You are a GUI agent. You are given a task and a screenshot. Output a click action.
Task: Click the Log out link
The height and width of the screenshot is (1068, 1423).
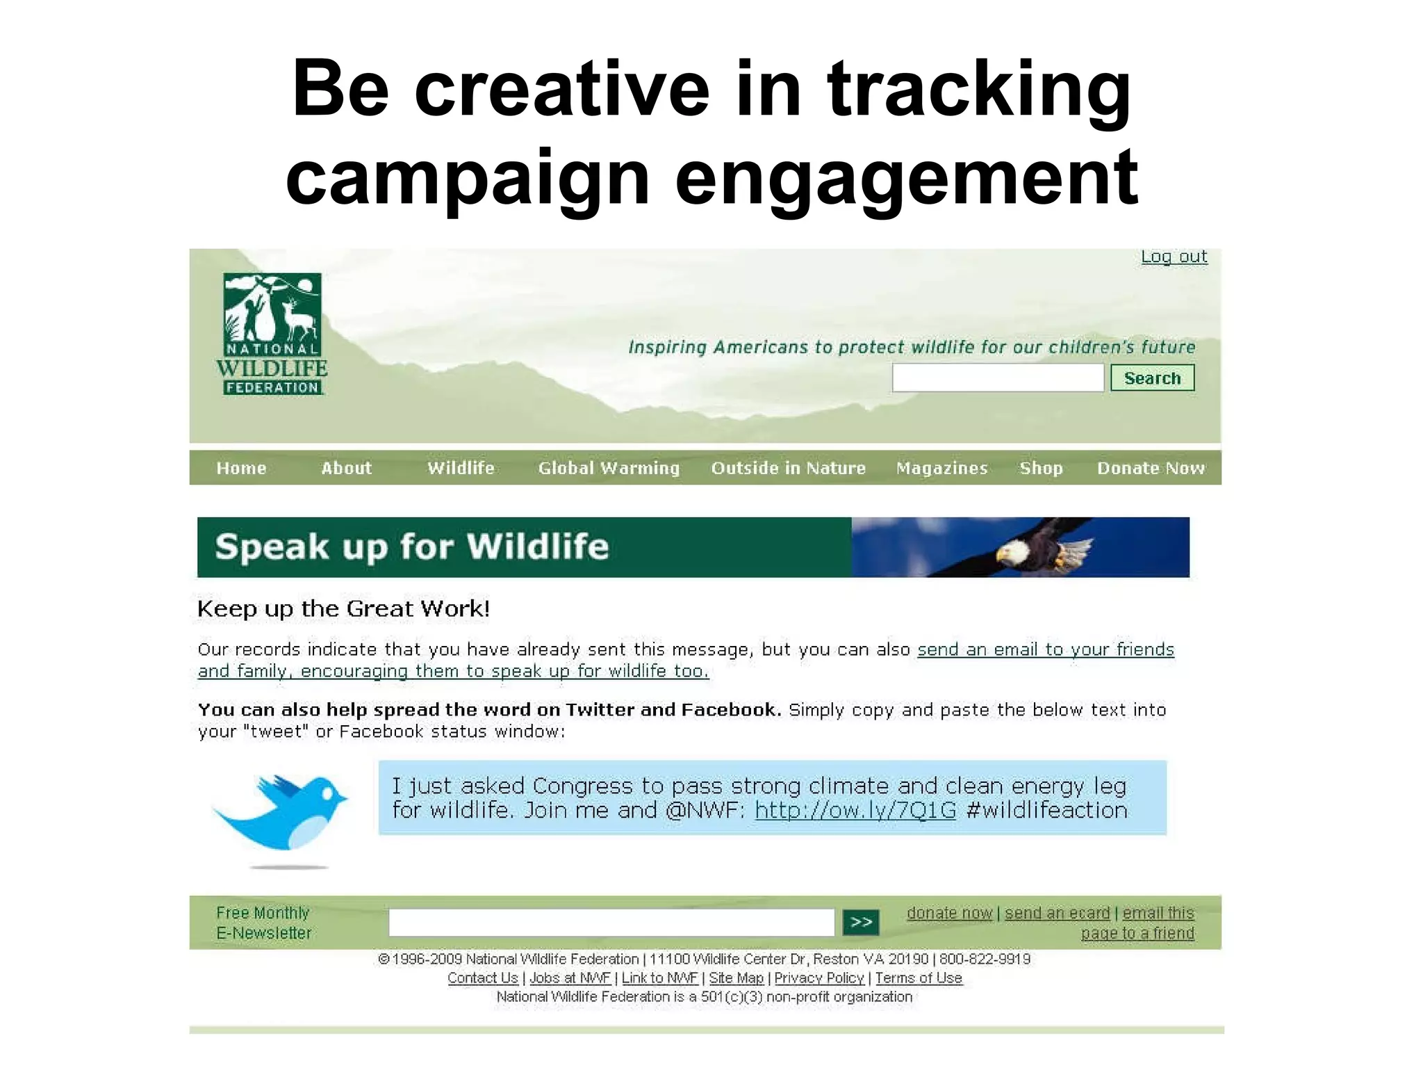pyautogui.click(x=1174, y=257)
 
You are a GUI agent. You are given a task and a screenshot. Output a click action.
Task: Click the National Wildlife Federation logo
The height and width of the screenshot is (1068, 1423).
pyautogui.click(x=272, y=334)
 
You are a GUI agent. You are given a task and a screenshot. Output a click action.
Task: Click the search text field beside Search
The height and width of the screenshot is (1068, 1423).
pyautogui.click(x=997, y=378)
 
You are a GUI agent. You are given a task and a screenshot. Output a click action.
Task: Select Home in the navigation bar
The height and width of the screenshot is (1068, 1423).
pyautogui.click(x=241, y=468)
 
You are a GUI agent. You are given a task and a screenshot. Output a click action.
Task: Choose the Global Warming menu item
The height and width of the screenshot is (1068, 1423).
pyautogui.click(x=609, y=468)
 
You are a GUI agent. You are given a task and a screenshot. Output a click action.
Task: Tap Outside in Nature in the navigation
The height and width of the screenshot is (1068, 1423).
pyautogui.click(x=788, y=468)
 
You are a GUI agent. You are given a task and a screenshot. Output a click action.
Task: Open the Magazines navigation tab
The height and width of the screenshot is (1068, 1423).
pyautogui.click(x=941, y=468)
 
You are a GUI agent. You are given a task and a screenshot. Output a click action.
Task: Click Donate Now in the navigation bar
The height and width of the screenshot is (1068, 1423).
pyautogui.click(x=1151, y=468)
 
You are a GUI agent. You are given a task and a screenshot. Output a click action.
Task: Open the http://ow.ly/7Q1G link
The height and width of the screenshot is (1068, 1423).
pyautogui.click(x=855, y=810)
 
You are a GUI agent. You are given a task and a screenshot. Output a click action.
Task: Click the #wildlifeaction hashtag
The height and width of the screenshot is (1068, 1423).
pyautogui.click(x=1046, y=810)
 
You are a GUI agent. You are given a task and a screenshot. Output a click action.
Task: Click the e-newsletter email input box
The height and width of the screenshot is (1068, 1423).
pyautogui.click(x=611, y=922)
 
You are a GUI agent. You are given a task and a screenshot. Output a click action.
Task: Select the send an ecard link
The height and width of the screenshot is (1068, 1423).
pyautogui.click(x=1057, y=913)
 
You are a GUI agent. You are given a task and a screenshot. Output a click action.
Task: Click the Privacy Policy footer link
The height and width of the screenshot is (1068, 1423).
pyautogui.click(x=819, y=978)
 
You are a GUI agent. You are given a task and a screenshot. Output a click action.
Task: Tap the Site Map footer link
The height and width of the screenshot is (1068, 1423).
pyautogui.click(x=736, y=978)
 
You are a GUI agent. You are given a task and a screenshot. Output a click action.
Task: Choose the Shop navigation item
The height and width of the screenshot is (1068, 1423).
pyautogui.click(x=1041, y=468)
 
